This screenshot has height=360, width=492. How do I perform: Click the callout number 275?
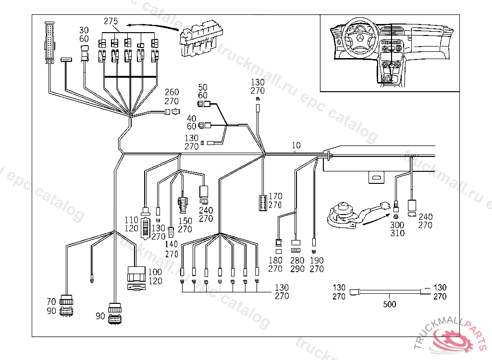click(111, 21)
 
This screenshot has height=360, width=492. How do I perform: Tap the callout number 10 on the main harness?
click(295, 145)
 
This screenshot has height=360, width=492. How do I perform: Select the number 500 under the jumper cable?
click(390, 304)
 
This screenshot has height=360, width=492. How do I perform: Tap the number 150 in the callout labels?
click(185, 221)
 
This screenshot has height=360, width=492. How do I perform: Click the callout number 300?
click(397, 225)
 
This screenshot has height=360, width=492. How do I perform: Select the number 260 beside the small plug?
click(172, 92)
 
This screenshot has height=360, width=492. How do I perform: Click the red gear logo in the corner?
click(451, 340)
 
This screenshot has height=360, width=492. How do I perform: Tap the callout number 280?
click(297, 261)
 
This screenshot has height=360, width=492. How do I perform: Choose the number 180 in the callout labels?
click(275, 261)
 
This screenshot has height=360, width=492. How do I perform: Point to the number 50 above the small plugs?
click(203, 87)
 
